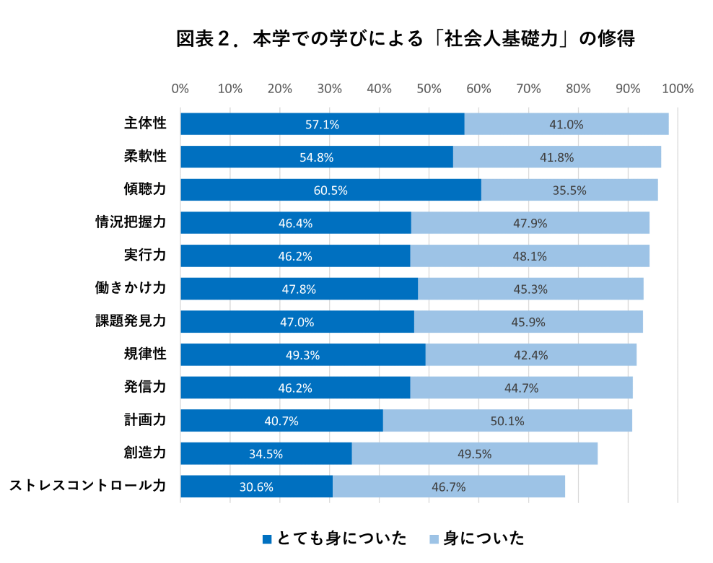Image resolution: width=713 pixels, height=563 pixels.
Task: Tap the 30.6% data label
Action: coord(256,486)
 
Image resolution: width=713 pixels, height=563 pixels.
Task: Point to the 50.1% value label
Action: coord(507,421)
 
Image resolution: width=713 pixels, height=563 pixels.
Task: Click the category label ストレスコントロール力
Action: coord(87,486)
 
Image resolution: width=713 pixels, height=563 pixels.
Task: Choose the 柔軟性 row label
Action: coord(145,157)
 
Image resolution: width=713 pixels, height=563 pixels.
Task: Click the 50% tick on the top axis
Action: coord(429,89)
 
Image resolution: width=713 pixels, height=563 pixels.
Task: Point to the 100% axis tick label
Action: coord(678,89)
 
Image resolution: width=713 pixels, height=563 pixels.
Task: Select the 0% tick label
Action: coord(180,89)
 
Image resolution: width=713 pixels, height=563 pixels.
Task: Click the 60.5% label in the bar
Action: coord(331,191)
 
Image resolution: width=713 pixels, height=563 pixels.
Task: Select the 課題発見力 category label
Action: coord(131,321)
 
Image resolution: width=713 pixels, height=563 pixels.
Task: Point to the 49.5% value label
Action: coord(474,454)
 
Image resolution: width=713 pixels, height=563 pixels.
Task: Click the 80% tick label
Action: coord(578,89)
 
